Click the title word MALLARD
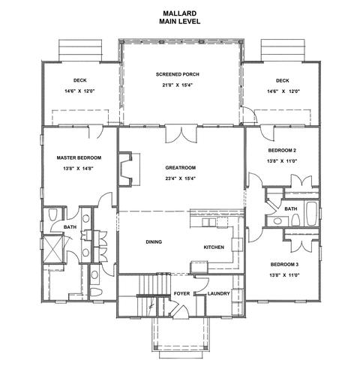(180, 13)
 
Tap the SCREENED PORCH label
(178, 74)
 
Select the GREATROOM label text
(181, 168)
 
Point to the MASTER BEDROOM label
(79, 157)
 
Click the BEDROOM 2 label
(282, 151)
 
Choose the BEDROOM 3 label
(284, 265)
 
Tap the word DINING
(154, 242)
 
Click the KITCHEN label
(214, 247)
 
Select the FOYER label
(181, 293)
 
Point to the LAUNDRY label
(218, 294)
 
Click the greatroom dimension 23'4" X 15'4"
(180, 178)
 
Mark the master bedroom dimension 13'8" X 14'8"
(78, 169)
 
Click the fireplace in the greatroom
(125, 169)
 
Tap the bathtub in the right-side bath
(311, 213)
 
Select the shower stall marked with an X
(53, 249)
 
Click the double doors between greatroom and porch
(181, 135)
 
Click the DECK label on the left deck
(80, 80)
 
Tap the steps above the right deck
(283, 50)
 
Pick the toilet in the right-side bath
(295, 220)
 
